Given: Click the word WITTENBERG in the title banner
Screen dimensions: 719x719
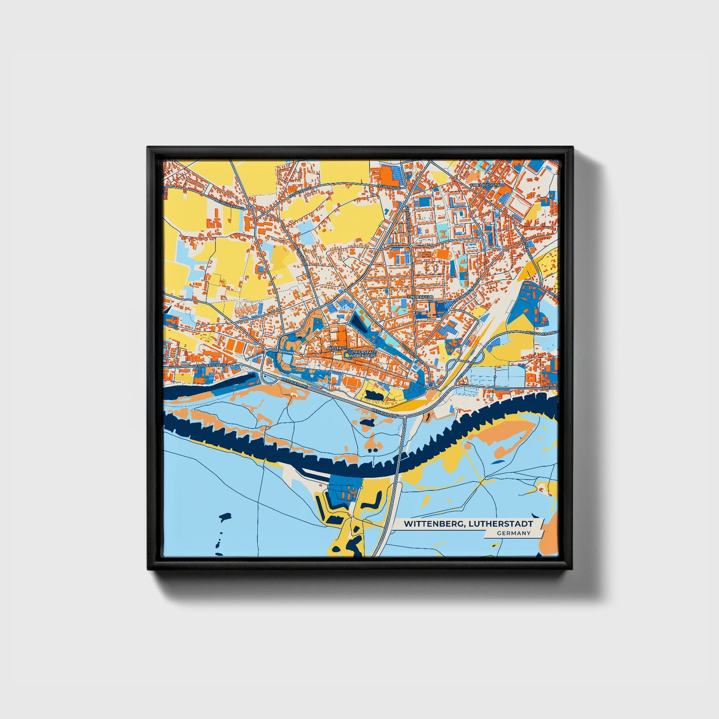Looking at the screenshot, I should coord(431,524).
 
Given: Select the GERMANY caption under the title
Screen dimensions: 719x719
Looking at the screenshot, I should coord(513,533).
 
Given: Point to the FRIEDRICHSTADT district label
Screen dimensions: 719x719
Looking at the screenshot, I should coord(488,185).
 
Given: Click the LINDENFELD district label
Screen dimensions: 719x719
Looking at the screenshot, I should coord(420,297).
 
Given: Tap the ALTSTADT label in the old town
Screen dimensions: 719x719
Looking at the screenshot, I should coord(336,348).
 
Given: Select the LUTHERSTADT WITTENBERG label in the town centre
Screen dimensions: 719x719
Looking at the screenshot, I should coord(363,354).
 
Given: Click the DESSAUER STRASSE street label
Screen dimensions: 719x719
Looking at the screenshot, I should coord(209,365).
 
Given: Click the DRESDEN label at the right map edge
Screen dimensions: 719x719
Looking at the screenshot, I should coord(550,388).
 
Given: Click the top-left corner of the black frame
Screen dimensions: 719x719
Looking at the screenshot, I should coord(148,147).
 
